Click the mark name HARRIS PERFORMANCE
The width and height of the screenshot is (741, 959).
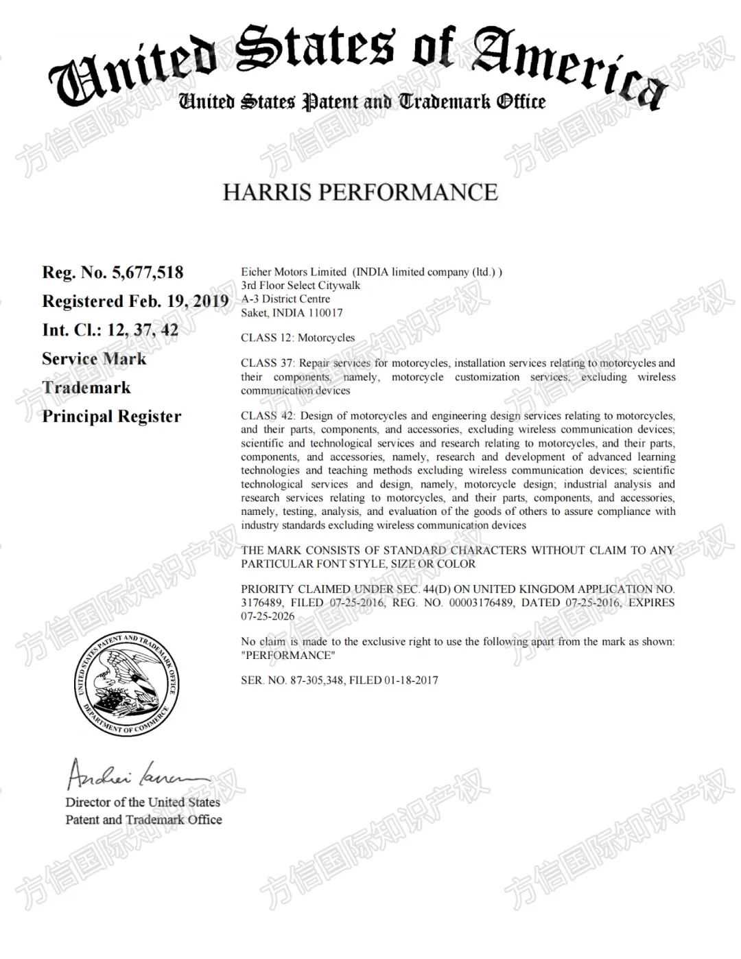(360, 192)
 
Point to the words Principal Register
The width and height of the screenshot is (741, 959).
(112, 417)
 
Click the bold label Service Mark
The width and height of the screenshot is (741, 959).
(94, 359)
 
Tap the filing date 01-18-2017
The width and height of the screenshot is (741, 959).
(411, 680)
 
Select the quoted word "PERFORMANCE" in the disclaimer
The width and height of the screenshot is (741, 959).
(288, 655)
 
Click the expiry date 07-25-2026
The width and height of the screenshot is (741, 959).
(268, 616)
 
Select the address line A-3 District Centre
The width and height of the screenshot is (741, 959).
(285, 299)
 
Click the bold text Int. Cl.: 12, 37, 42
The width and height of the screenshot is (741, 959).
(110, 330)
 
